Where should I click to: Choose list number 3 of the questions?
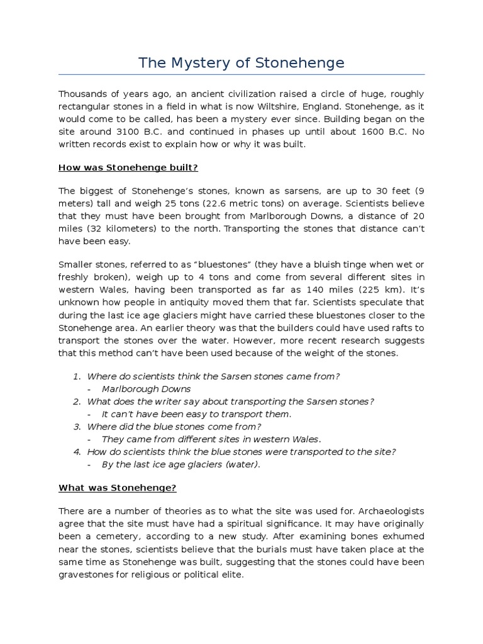click(x=77, y=426)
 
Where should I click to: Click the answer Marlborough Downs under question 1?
click(x=146, y=389)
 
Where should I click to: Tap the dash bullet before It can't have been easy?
click(x=91, y=414)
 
